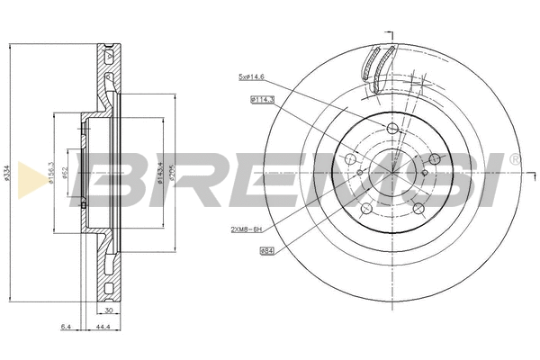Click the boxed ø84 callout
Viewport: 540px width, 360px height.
[x=266, y=251]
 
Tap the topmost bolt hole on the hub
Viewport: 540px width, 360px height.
[x=391, y=130]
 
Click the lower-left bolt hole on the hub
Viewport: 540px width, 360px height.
[x=365, y=210]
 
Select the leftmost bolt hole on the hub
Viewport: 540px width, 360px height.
[x=350, y=160]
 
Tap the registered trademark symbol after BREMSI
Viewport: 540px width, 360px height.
[x=514, y=159]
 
